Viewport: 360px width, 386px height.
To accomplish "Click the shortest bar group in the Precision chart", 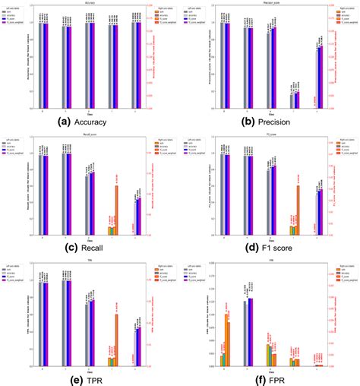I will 294,100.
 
